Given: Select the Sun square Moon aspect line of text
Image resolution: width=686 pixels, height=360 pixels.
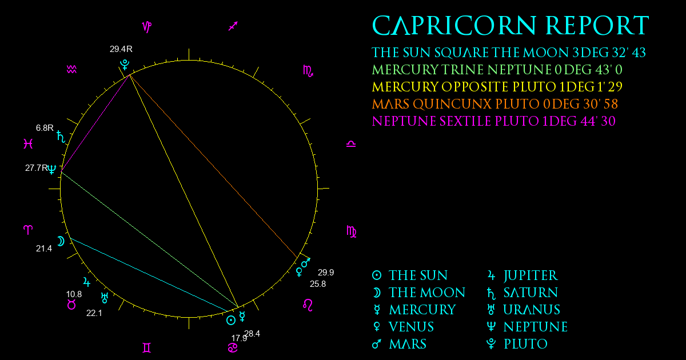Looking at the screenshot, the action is click(509, 53).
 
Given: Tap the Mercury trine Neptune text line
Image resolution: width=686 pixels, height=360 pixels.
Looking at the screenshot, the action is click(497, 70).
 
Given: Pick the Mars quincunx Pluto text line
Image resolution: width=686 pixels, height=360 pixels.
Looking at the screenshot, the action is click(495, 104).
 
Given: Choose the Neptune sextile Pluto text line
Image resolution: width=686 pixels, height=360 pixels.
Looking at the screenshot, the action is click(494, 121).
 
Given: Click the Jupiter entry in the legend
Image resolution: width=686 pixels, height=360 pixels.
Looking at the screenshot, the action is click(523, 275).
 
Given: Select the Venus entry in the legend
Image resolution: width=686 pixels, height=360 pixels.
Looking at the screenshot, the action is click(403, 327).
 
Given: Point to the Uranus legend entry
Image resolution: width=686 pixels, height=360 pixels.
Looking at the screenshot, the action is click(524, 310).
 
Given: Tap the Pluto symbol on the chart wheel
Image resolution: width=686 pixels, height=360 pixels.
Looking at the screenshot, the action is click(125, 65).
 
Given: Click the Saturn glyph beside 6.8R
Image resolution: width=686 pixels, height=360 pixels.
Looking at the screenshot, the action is click(61, 137).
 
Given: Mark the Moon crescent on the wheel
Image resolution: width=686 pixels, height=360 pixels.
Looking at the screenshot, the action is click(61, 241).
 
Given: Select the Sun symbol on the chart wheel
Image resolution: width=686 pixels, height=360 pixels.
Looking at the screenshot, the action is click(231, 321).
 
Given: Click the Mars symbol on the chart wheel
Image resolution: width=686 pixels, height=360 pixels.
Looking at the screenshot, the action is click(306, 263).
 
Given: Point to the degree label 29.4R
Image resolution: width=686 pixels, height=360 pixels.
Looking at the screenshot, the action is click(121, 49).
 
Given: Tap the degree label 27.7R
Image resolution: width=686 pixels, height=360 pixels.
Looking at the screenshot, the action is click(37, 168).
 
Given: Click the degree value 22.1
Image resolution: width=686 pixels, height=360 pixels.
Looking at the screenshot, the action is click(94, 313).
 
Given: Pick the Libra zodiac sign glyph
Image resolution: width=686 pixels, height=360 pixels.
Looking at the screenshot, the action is click(351, 144).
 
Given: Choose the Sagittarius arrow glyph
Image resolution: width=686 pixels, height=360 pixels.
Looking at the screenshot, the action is click(233, 26).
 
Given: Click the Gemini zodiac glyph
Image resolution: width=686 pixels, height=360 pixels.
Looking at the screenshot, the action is click(147, 348).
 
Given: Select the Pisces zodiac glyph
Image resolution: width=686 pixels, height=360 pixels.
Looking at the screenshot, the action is click(28, 143).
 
